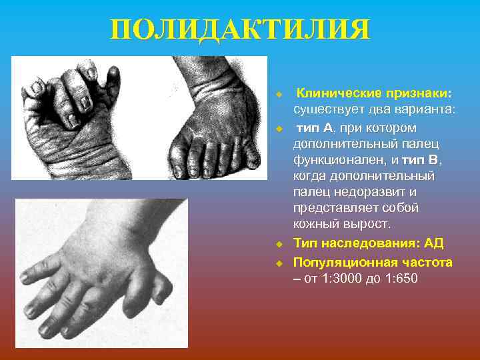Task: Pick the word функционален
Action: pos(331,160)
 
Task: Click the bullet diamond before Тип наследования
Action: pos(281,244)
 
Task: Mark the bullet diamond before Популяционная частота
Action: pos(281,262)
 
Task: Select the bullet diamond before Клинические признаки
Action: pos(281,93)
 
